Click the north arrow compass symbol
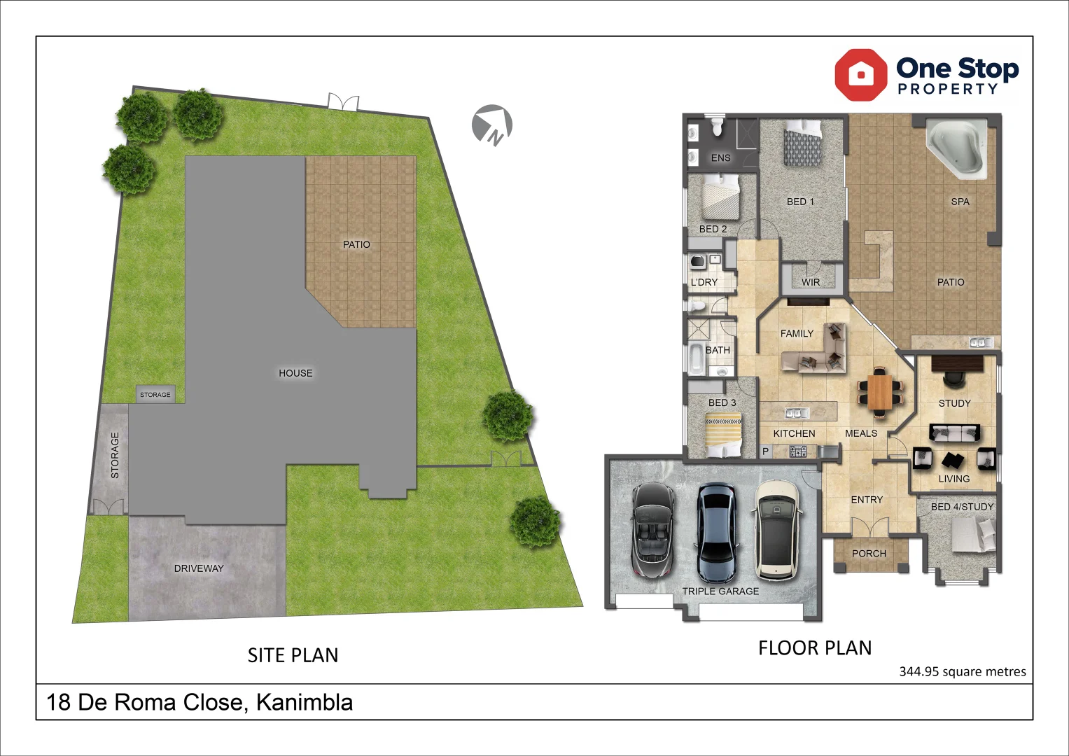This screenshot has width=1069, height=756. tap(491, 125)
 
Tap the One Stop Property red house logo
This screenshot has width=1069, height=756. tap(860, 74)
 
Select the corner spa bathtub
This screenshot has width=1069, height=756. tap(956, 148)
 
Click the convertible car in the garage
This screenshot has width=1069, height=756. tap(652, 529)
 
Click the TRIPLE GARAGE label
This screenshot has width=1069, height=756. tap(720, 591)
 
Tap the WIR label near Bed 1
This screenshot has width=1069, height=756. tap(811, 283)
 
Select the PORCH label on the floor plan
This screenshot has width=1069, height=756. tap(869, 554)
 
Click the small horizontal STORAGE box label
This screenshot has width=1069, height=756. tap(155, 395)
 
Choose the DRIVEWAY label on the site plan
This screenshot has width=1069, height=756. tap(199, 568)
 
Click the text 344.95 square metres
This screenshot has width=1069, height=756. tap(962, 672)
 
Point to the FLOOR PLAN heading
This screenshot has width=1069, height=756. tap(815, 648)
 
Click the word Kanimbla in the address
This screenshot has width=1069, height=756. tap(304, 702)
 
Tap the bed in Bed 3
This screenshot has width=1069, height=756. tap(722, 434)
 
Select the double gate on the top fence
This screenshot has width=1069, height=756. tap(343, 102)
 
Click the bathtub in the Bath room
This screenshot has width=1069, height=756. tap(697, 358)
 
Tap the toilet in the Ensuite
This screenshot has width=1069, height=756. tap(717, 127)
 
